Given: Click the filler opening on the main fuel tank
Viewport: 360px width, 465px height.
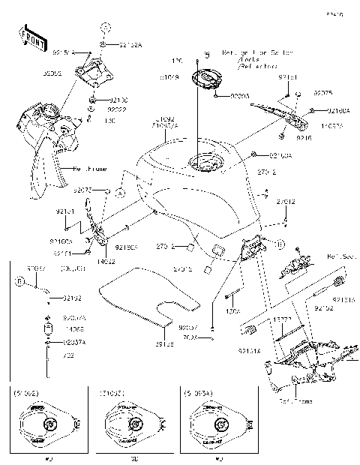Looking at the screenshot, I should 202,162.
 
